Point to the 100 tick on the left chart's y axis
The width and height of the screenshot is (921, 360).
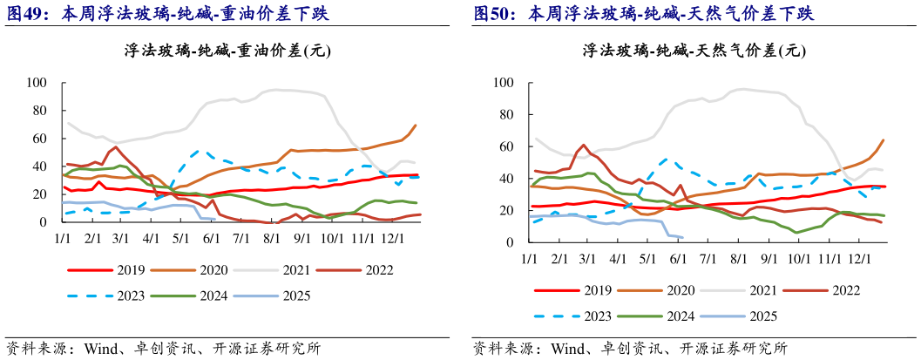pyautogui.click(x=37, y=83)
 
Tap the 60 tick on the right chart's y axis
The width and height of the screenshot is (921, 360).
pyautogui.click(x=502, y=146)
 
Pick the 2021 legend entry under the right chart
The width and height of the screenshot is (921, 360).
pyautogui.click(x=760, y=292)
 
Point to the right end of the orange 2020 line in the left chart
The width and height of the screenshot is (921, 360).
pyautogui.click(x=416, y=125)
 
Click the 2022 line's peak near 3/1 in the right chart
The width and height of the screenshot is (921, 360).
pyautogui.click(x=583, y=146)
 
